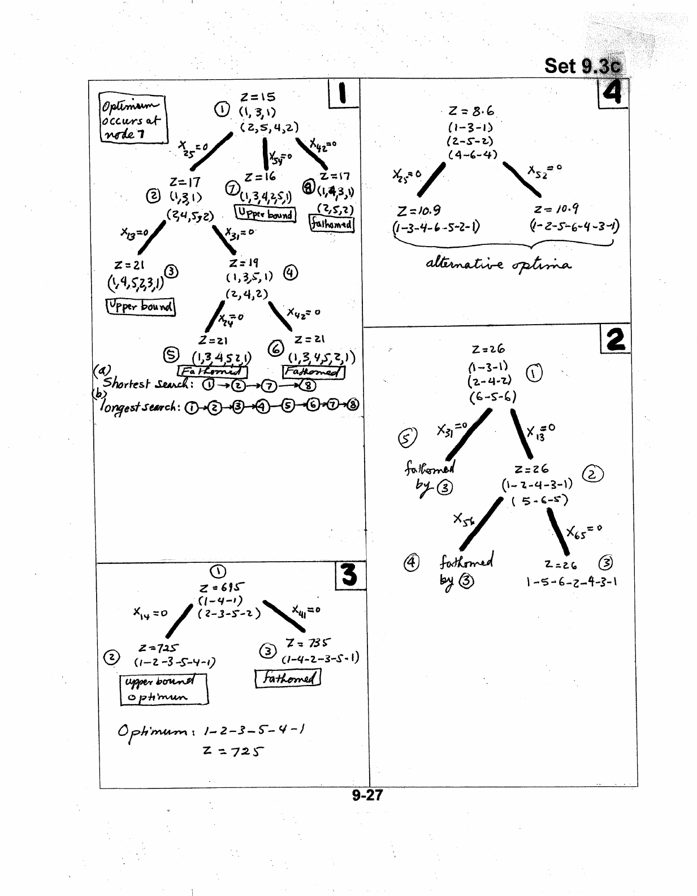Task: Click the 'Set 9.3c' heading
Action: [582, 66]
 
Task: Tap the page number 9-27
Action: [367, 795]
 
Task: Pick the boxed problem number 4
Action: [613, 93]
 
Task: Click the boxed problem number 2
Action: [615, 340]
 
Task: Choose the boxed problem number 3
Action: [350, 575]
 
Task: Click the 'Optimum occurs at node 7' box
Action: [133, 118]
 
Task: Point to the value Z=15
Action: [258, 96]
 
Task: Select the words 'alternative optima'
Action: [498, 264]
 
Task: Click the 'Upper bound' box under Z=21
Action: [141, 307]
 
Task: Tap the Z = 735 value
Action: [308, 643]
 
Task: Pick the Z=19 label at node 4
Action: [244, 262]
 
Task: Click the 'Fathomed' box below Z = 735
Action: [288, 678]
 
